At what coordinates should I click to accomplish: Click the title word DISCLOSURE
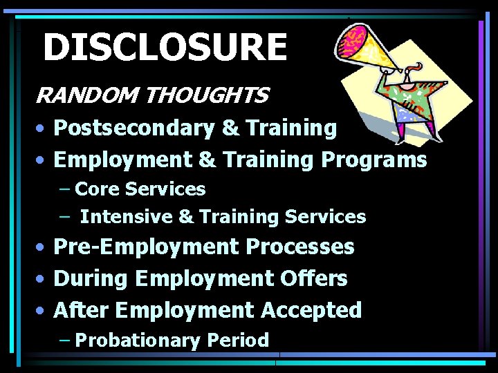[x=165, y=48]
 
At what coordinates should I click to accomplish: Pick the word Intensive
[x=127, y=217]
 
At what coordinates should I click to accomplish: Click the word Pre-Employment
[x=140, y=247]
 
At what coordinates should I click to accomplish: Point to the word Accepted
[x=311, y=310]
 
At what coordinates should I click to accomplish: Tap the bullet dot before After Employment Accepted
[x=43, y=311]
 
